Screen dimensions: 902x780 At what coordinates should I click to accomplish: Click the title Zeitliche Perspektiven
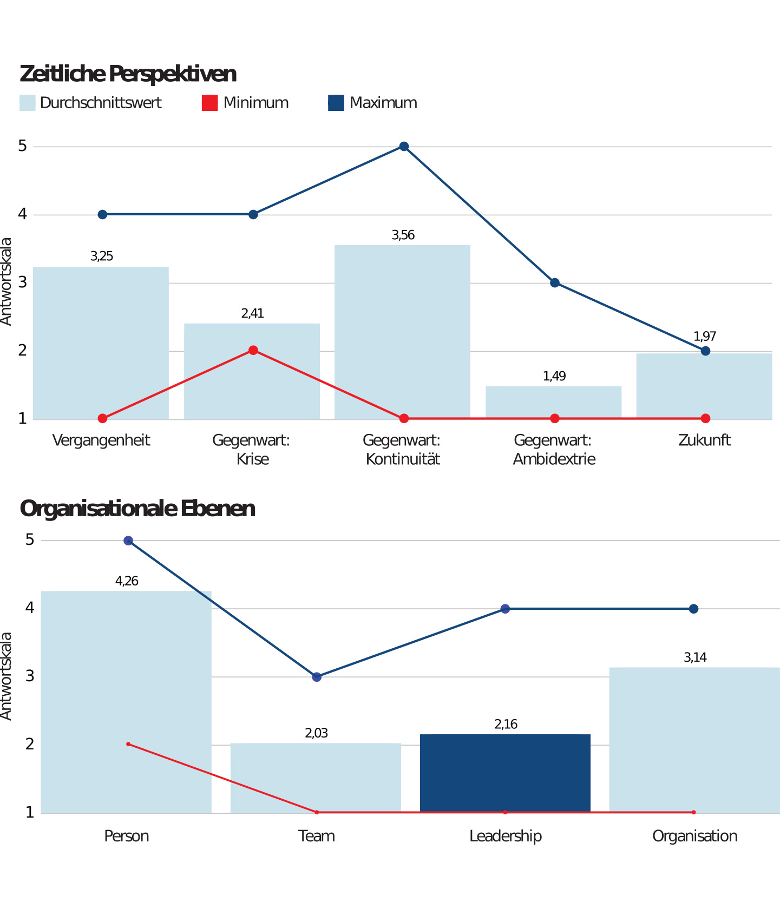pos(128,74)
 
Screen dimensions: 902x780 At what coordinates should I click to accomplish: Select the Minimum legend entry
pos(246,103)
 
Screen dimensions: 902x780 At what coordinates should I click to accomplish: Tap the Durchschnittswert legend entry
pos(91,103)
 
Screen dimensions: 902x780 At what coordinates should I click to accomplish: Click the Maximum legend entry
pos(373,103)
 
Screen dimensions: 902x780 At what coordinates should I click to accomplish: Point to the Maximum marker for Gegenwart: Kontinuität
pos(404,146)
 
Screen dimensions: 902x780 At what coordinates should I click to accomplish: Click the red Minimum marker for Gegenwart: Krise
pos(253,350)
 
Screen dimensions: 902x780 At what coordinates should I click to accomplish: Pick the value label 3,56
pos(403,235)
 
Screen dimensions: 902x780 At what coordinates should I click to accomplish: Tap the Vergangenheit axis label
pos(101,440)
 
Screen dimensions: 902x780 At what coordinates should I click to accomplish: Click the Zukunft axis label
pos(704,440)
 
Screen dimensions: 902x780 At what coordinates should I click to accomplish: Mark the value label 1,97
pos(705,336)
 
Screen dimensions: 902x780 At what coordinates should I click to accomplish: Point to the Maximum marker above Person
pos(128,541)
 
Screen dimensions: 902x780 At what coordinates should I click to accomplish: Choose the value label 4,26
pos(127,581)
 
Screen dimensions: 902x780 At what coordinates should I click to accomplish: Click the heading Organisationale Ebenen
pos(137,509)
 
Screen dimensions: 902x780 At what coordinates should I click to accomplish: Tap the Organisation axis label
pos(694,836)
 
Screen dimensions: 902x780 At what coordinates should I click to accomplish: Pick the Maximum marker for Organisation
pos(693,609)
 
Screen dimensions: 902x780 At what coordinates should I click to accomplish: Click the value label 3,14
pos(695,657)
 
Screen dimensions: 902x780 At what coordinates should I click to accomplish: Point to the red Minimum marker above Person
pos(128,744)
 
